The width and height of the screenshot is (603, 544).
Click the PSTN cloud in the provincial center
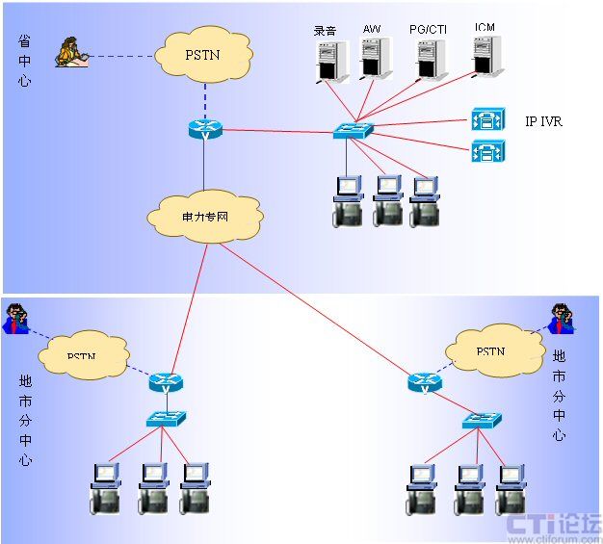(x=202, y=54)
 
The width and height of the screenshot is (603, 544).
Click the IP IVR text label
(x=543, y=122)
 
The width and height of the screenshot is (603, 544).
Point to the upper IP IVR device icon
(x=485, y=120)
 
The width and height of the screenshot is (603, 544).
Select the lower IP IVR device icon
(x=485, y=151)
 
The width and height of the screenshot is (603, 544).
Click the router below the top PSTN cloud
(x=204, y=129)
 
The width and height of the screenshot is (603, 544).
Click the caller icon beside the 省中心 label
(x=70, y=53)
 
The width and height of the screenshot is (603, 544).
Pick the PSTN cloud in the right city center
(x=490, y=351)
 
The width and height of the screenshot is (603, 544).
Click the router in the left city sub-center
(x=165, y=382)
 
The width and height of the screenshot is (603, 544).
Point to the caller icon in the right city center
(x=563, y=317)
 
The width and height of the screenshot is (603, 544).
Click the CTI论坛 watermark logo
(x=554, y=526)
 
